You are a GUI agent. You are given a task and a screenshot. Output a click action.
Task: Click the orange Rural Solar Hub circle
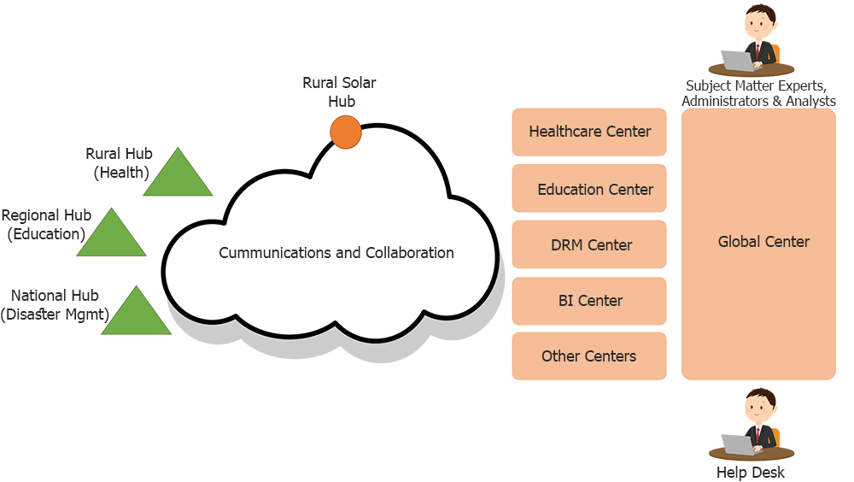point(346,132)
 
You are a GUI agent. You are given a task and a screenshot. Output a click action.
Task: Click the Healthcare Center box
point(589,132)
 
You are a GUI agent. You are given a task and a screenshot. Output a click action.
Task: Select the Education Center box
point(589,188)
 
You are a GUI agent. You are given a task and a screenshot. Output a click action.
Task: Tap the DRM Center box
point(589,244)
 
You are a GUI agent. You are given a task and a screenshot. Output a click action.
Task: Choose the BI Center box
point(589,301)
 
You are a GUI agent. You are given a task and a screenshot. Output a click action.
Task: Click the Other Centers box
point(589,356)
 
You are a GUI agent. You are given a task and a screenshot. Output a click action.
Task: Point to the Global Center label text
point(763,242)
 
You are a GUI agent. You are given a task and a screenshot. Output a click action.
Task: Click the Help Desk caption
point(751,473)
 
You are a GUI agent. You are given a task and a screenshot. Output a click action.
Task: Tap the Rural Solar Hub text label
point(339,92)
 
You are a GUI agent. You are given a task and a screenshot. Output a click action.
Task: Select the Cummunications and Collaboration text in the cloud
point(336,253)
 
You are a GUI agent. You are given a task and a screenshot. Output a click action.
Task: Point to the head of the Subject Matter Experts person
point(758,21)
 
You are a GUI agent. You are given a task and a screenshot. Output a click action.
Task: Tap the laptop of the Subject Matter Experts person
point(737,61)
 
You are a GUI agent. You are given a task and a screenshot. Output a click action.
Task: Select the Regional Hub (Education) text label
point(46,225)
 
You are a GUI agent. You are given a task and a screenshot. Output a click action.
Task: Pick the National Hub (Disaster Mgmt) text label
point(55,305)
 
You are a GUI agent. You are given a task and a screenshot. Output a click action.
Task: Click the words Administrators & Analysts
point(758,102)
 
